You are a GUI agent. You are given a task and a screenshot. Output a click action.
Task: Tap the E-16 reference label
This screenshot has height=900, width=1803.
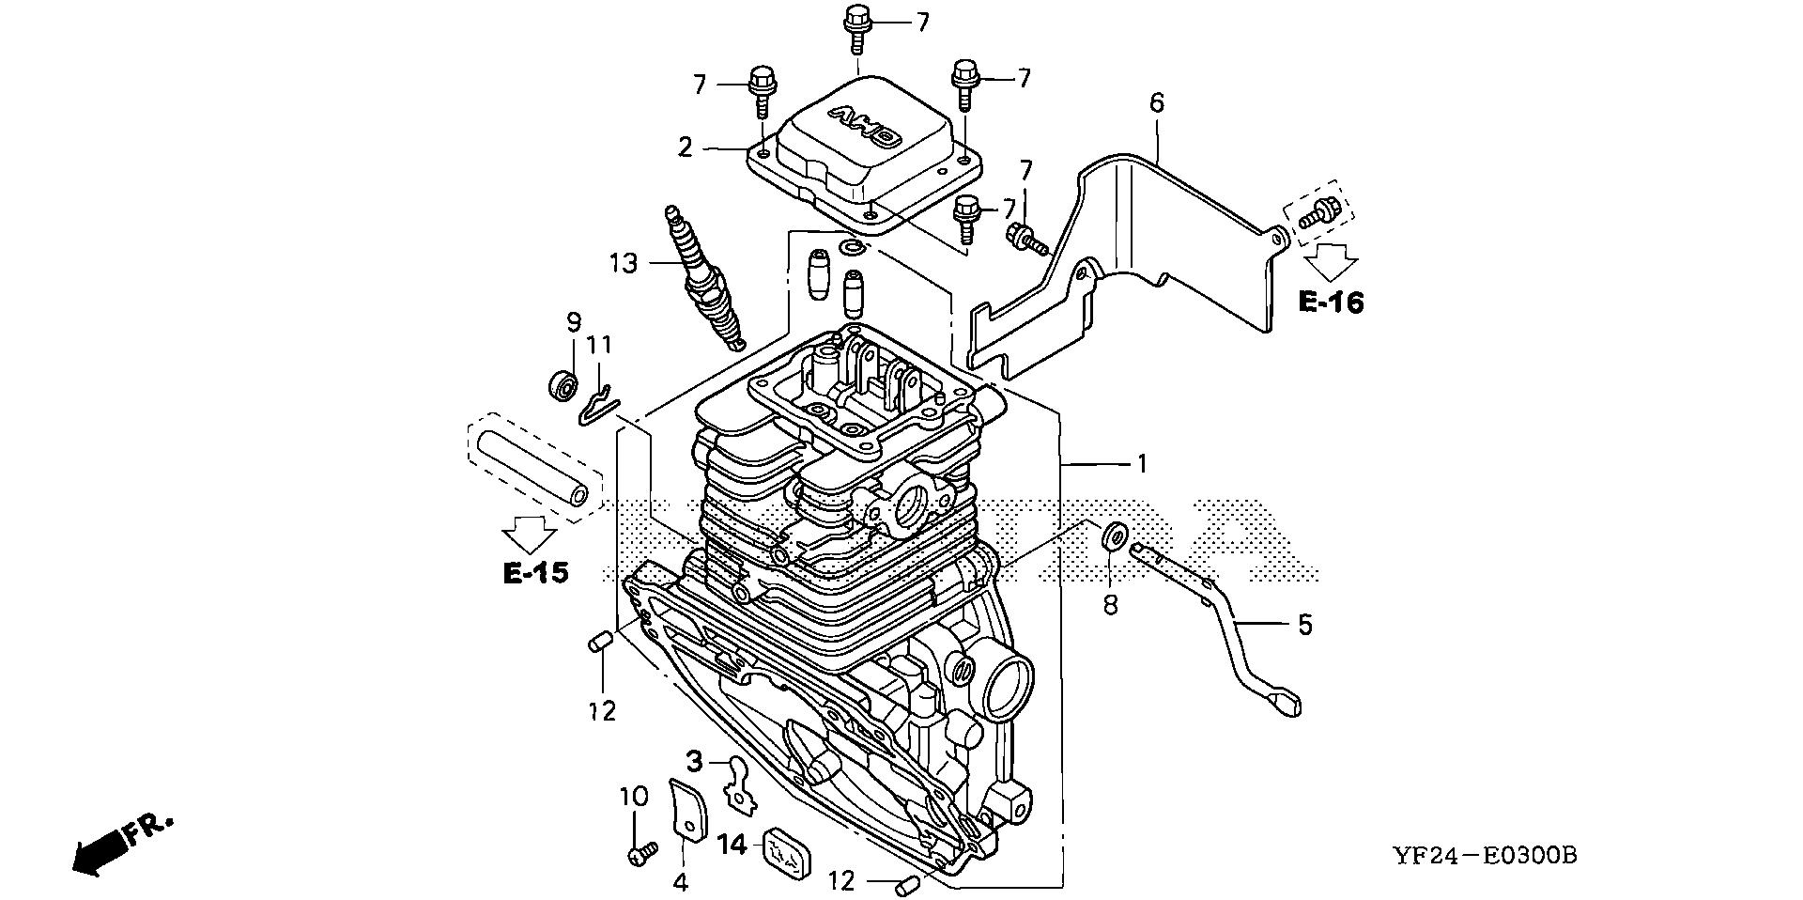[1331, 302]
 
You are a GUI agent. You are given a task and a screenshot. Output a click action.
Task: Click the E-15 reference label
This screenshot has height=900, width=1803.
[535, 572]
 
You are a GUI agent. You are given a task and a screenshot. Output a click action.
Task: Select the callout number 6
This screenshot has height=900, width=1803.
[1156, 103]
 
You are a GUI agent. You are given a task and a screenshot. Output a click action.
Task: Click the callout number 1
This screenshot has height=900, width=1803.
[1142, 463]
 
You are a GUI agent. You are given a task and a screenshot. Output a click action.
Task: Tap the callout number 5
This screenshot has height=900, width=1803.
[1304, 625]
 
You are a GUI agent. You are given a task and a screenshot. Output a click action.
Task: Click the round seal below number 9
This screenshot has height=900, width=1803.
[563, 384]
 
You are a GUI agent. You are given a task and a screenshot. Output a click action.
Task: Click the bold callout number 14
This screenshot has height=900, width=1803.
[733, 845]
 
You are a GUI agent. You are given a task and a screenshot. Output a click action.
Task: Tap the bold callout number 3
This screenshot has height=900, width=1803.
[694, 759]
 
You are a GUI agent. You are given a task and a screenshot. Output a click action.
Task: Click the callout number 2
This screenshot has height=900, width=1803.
[686, 147]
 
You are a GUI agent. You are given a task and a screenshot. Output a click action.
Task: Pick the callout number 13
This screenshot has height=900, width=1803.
[623, 263]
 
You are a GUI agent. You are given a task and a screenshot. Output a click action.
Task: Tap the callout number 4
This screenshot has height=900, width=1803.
[680, 881]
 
